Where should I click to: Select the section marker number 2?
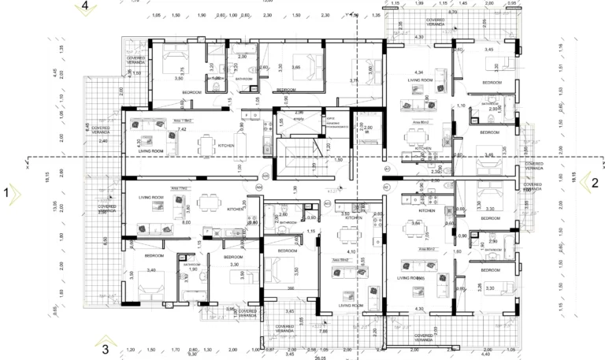(595, 182)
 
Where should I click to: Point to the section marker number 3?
(104, 347)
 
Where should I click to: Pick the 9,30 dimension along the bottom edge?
(192, 354)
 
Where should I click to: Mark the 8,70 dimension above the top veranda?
(452, 13)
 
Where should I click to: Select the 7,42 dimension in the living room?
(181, 129)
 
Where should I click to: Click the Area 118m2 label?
(182, 121)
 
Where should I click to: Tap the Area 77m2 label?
(179, 190)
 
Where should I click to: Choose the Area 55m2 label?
(340, 259)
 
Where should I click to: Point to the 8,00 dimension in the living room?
(186, 223)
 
